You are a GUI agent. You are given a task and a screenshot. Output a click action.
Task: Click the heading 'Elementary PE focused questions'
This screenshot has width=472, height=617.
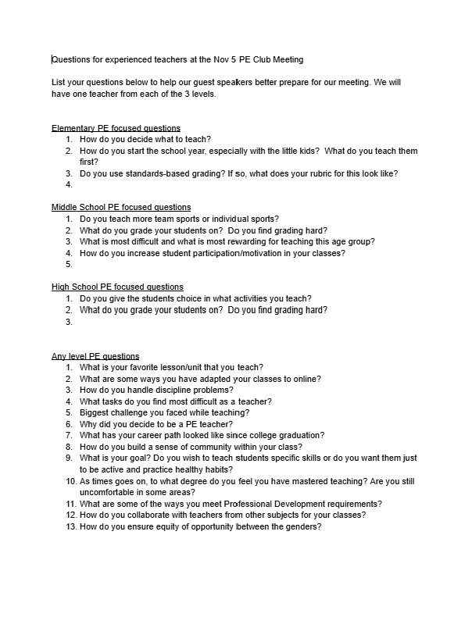pos(116,127)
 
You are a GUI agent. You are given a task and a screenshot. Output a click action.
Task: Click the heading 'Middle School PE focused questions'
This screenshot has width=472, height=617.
pos(121,207)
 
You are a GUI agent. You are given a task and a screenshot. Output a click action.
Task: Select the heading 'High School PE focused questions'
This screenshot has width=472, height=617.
pos(117,287)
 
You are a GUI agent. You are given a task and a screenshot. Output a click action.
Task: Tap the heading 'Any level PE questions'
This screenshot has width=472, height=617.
pos(95,356)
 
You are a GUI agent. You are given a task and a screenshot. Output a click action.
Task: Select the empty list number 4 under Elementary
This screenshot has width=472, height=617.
pos(69,185)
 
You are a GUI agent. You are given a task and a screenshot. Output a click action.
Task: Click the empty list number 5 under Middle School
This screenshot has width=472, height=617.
pos(69,265)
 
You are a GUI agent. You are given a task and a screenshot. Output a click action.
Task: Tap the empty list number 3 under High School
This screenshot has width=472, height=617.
pos(69,321)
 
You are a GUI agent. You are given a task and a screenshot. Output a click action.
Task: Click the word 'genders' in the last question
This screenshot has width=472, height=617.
pos(302,526)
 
